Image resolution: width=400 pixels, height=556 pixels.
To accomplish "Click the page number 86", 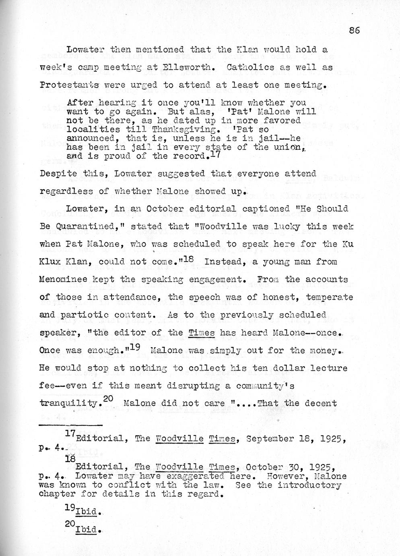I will point(354,31).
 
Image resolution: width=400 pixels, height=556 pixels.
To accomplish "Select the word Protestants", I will point(71,85).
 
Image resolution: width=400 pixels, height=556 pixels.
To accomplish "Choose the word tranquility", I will point(69,403).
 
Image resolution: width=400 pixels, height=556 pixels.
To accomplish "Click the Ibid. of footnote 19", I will point(87,512).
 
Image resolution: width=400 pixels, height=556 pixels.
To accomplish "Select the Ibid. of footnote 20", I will point(87,529).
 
